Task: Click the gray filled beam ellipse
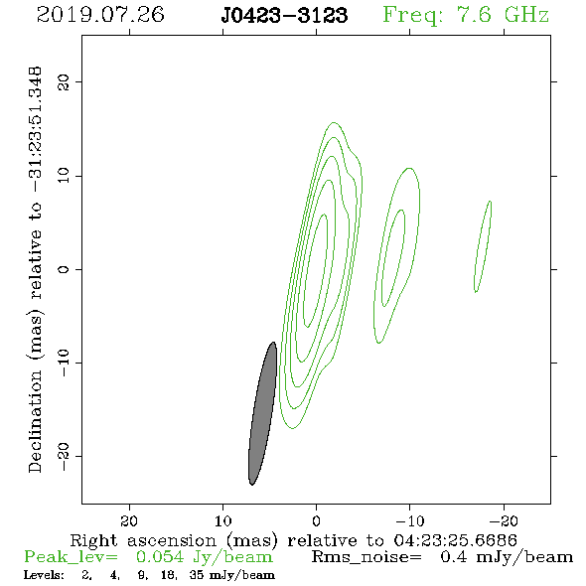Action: coord(263,414)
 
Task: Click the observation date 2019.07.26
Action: coord(100,15)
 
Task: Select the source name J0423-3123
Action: coord(284,15)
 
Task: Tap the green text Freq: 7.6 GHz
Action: coord(466,15)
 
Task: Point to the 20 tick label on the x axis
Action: coord(129,520)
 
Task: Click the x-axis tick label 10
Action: coord(223,520)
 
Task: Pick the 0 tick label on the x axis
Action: coord(317,520)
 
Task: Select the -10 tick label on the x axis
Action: coord(410,520)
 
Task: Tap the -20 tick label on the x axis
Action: coord(504,520)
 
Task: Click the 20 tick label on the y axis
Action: coord(64,81)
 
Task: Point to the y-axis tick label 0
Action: coord(64,269)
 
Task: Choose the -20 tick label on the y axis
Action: coord(64,457)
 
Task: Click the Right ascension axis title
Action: coord(293,540)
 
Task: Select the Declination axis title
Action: coord(35,269)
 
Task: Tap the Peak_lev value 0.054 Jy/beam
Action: coord(204,557)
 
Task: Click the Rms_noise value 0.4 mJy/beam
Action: coord(507,557)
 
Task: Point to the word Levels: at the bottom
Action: coord(44,575)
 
